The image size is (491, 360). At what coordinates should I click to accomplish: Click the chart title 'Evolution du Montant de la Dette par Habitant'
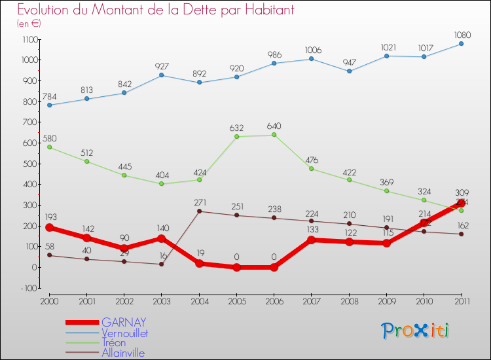coord(155,10)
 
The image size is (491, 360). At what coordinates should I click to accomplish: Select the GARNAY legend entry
coord(123,322)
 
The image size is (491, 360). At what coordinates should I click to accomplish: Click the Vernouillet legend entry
coord(124,333)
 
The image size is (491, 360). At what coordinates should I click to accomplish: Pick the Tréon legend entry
coord(115,342)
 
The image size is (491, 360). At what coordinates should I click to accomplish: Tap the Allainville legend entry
coord(122,353)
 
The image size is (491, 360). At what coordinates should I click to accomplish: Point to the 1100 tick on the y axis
coord(30,39)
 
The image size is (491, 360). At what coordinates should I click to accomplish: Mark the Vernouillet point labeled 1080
coord(461,44)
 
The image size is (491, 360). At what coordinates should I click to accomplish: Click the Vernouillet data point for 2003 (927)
coord(162,75)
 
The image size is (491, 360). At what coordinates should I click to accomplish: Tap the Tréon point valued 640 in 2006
coord(274,135)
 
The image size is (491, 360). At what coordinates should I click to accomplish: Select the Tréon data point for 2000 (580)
coord(49,147)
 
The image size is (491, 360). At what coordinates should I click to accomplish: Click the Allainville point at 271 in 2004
coord(199,211)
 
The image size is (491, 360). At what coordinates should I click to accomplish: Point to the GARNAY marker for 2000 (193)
coord(49,227)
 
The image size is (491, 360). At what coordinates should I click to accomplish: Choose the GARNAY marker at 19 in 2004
coord(199,263)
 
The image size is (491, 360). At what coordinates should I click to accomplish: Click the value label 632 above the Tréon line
coord(236,128)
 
